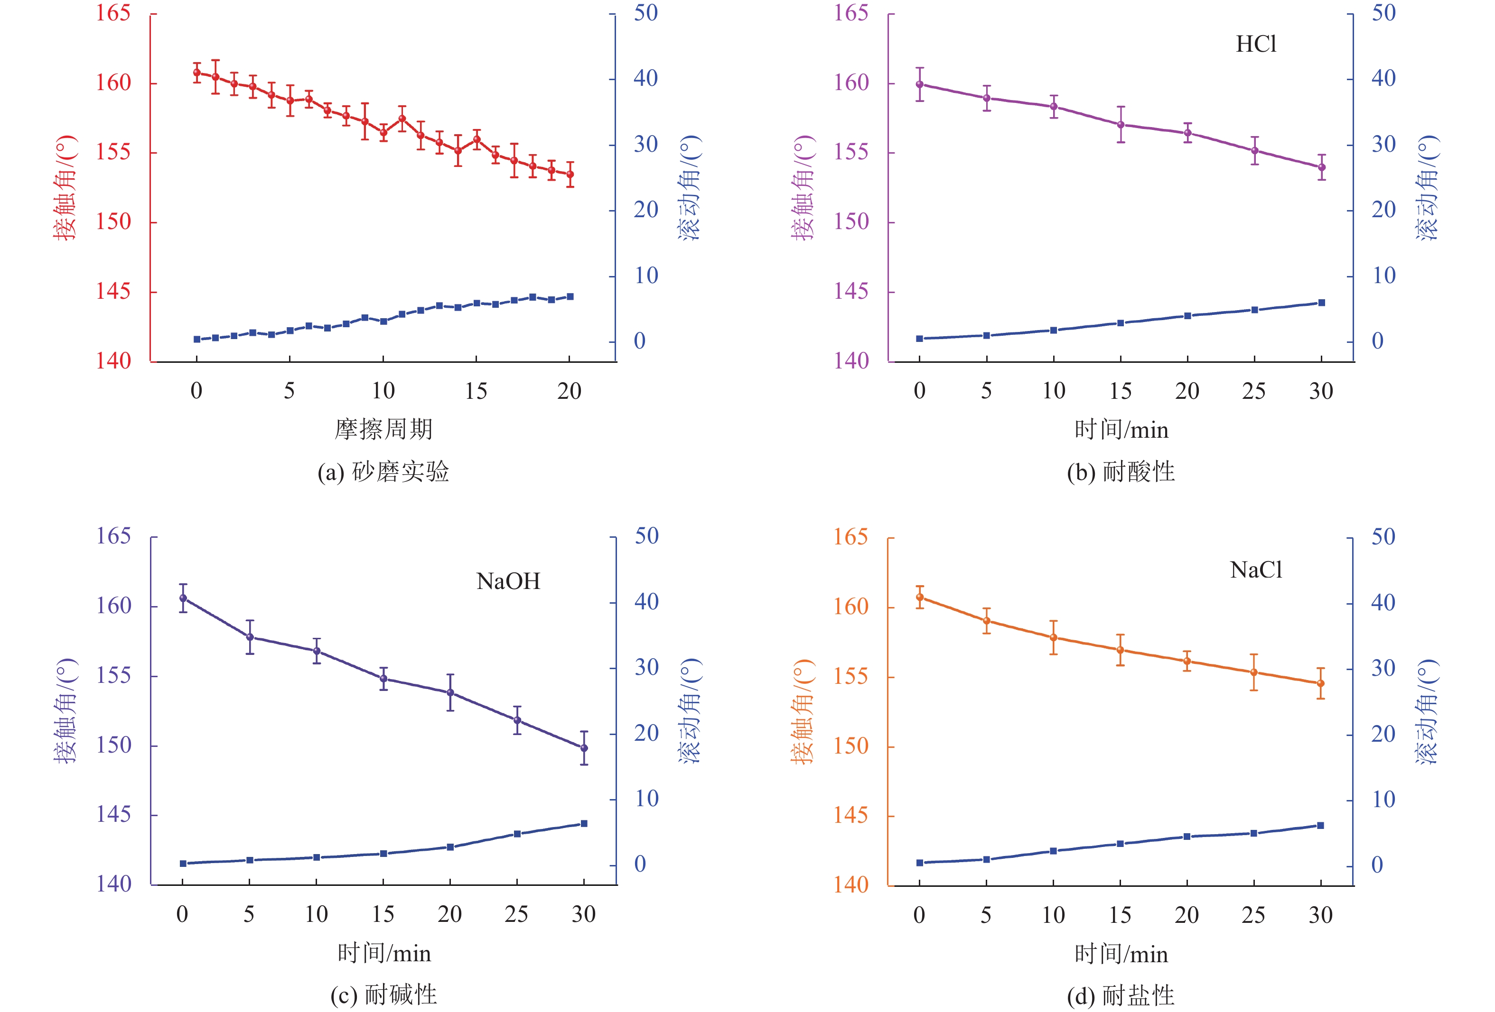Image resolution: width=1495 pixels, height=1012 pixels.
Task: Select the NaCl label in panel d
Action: pyautogui.click(x=1256, y=570)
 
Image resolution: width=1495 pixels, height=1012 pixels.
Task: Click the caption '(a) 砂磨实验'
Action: pyautogui.click(x=383, y=472)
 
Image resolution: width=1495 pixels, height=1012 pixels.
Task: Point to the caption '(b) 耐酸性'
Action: pyautogui.click(x=1121, y=472)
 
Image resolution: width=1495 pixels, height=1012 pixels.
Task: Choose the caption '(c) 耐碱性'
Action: pyautogui.click(x=383, y=995)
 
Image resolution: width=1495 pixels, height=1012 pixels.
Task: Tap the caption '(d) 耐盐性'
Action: pyautogui.click(x=1121, y=996)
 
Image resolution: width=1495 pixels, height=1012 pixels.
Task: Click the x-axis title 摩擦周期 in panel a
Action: pyautogui.click(x=383, y=429)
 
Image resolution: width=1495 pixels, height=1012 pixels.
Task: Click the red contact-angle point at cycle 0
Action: pyautogui.click(x=197, y=73)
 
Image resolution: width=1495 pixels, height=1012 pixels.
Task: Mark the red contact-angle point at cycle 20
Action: pyautogui.click(x=570, y=174)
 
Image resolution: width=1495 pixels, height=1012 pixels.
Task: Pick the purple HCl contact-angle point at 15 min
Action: pyautogui.click(x=1121, y=125)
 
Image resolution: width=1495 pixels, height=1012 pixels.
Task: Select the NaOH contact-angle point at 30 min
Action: pyautogui.click(x=584, y=748)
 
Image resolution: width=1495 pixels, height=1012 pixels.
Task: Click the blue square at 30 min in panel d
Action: pyautogui.click(x=1321, y=826)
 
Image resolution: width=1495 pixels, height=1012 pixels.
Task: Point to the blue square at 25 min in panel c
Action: pyautogui.click(x=517, y=834)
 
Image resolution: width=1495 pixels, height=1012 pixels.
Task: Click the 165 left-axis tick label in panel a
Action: pyautogui.click(x=113, y=13)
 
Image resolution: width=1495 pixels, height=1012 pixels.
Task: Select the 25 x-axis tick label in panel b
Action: pyautogui.click(x=1254, y=391)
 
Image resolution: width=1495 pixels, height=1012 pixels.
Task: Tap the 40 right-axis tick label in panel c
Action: pyautogui.click(x=646, y=602)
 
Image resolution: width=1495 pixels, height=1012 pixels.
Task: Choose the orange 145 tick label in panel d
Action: pyautogui.click(x=850, y=815)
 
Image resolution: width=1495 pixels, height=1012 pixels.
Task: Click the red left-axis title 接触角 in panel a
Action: pyautogui.click(x=65, y=187)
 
